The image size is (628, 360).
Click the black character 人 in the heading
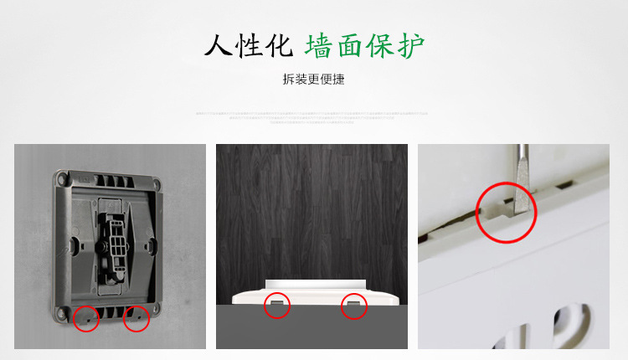click(x=220, y=45)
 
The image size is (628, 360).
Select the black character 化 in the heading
click(x=275, y=45)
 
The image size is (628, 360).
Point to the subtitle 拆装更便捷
click(x=313, y=81)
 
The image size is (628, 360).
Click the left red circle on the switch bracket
click(x=86, y=318)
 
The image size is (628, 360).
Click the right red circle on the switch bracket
click(x=136, y=318)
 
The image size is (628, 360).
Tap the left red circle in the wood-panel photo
click(x=277, y=306)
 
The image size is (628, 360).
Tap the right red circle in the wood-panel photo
click(x=355, y=306)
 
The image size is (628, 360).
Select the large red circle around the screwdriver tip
click(x=507, y=212)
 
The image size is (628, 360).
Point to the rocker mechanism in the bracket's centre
click(x=112, y=244)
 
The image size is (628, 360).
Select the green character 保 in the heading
click(x=380, y=45)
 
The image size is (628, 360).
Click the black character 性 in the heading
click(x=248, y=45)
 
